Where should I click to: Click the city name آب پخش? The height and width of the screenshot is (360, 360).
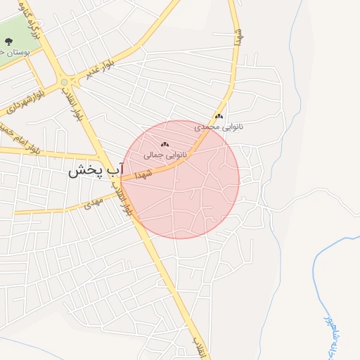[96, 169]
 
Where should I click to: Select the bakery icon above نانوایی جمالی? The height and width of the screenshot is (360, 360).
[165, 144]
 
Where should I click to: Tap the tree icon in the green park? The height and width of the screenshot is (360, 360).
[8, 40]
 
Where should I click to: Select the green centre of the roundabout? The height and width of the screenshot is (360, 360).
[64, 82]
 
